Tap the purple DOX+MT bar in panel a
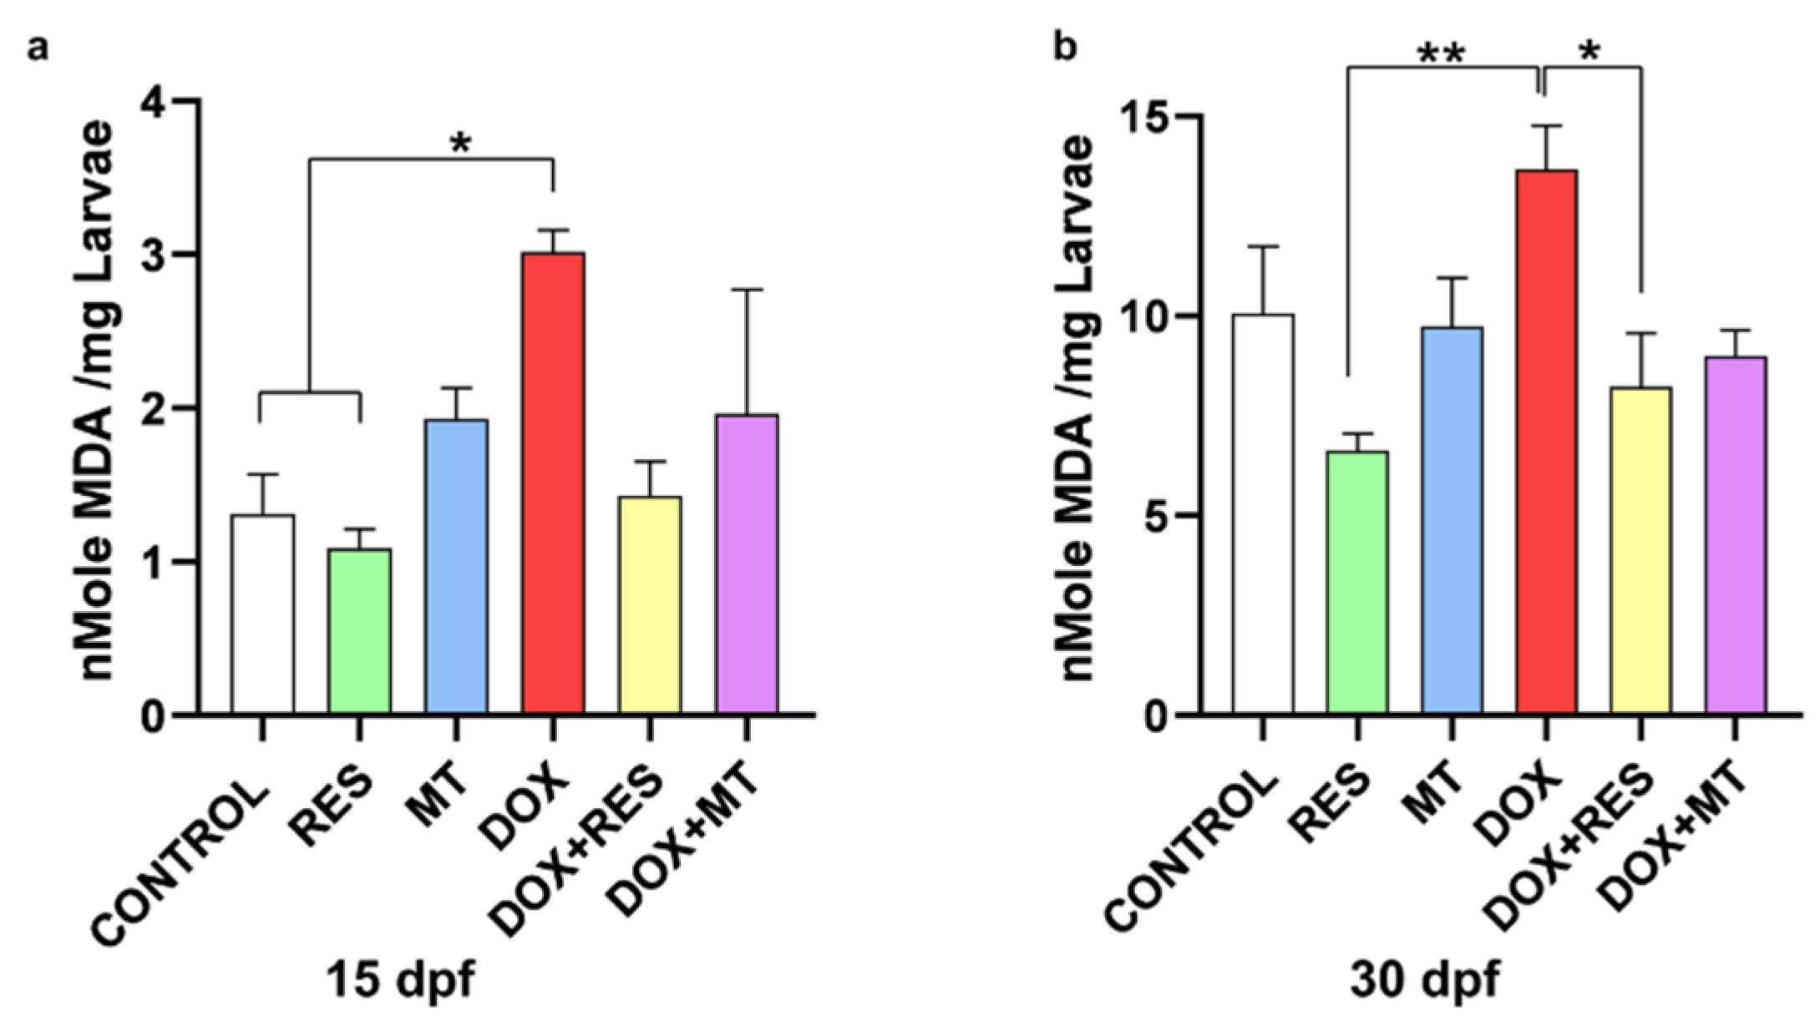[747, 563]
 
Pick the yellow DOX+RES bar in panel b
[1640, 551]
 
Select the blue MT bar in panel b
[1452, 521]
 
